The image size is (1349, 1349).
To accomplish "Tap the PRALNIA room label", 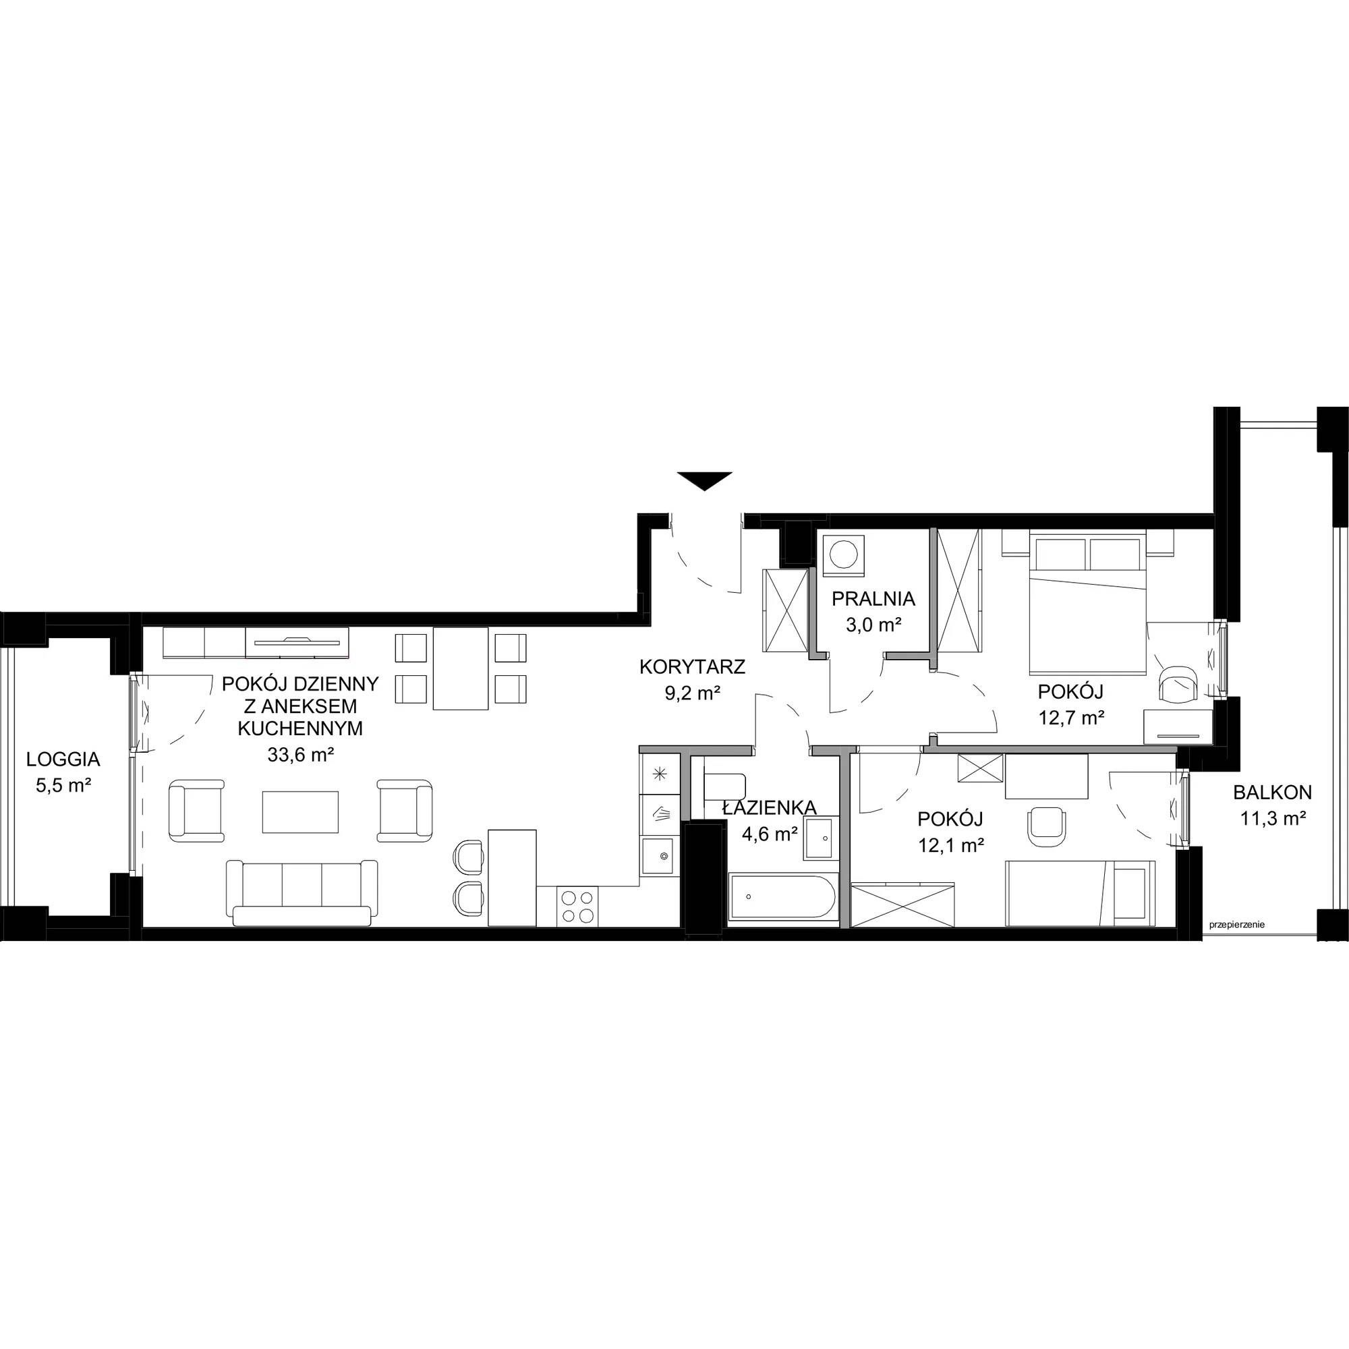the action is [x=873, y=598].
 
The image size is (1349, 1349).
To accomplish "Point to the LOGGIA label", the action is [x=63, y=758].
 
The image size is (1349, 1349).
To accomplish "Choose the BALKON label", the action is [x=1272, y=792].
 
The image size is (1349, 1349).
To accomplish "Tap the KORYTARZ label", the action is [x=693, y=667].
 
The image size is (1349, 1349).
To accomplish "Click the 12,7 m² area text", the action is [x=1070, y=717].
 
